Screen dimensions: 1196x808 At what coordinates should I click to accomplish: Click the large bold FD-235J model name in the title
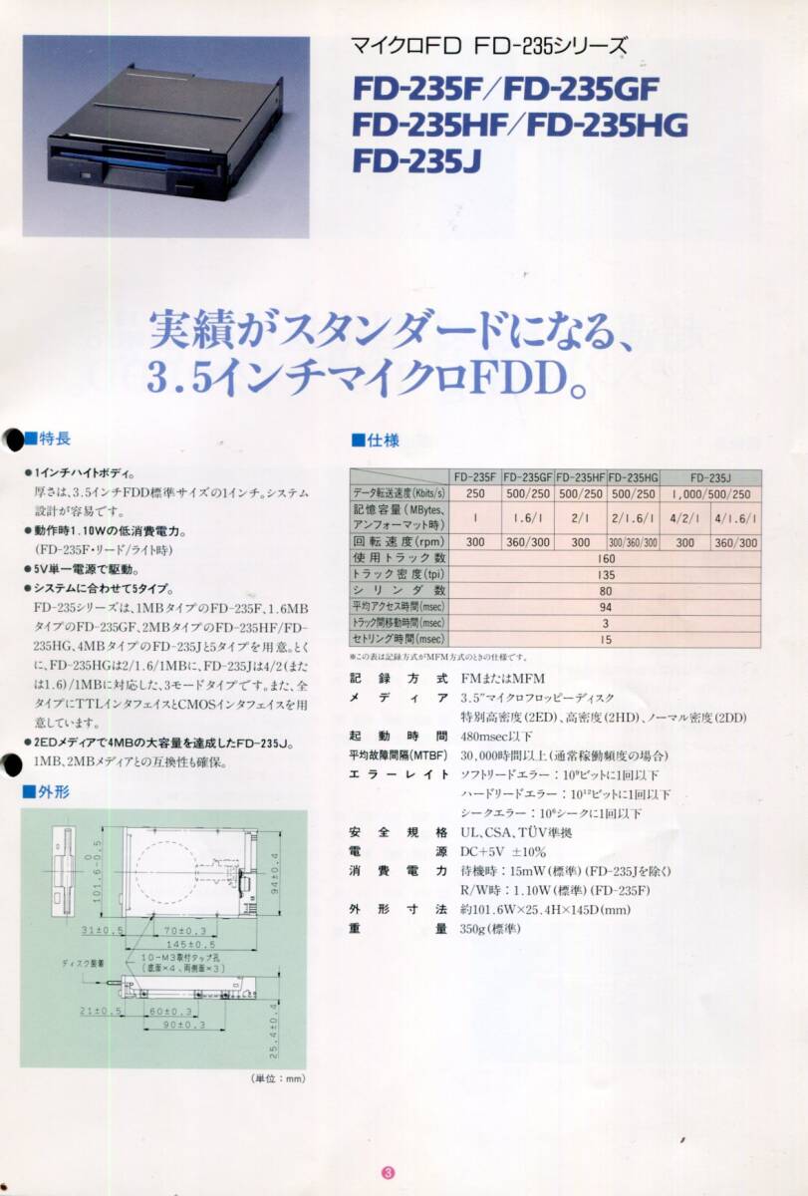(x=416, y=160)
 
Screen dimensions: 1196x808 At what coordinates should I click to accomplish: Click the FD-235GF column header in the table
(x=528, y=476)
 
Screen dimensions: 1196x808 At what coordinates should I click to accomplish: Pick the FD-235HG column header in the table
(x=633, y=476)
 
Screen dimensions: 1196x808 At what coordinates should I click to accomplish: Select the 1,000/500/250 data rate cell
(x=711, y=494)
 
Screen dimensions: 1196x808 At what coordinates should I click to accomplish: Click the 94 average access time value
(x=605, y=606)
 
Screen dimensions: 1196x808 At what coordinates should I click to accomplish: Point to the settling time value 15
(x=605, y=638)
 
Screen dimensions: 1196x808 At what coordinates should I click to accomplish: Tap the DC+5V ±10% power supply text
(x=503, y=851)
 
